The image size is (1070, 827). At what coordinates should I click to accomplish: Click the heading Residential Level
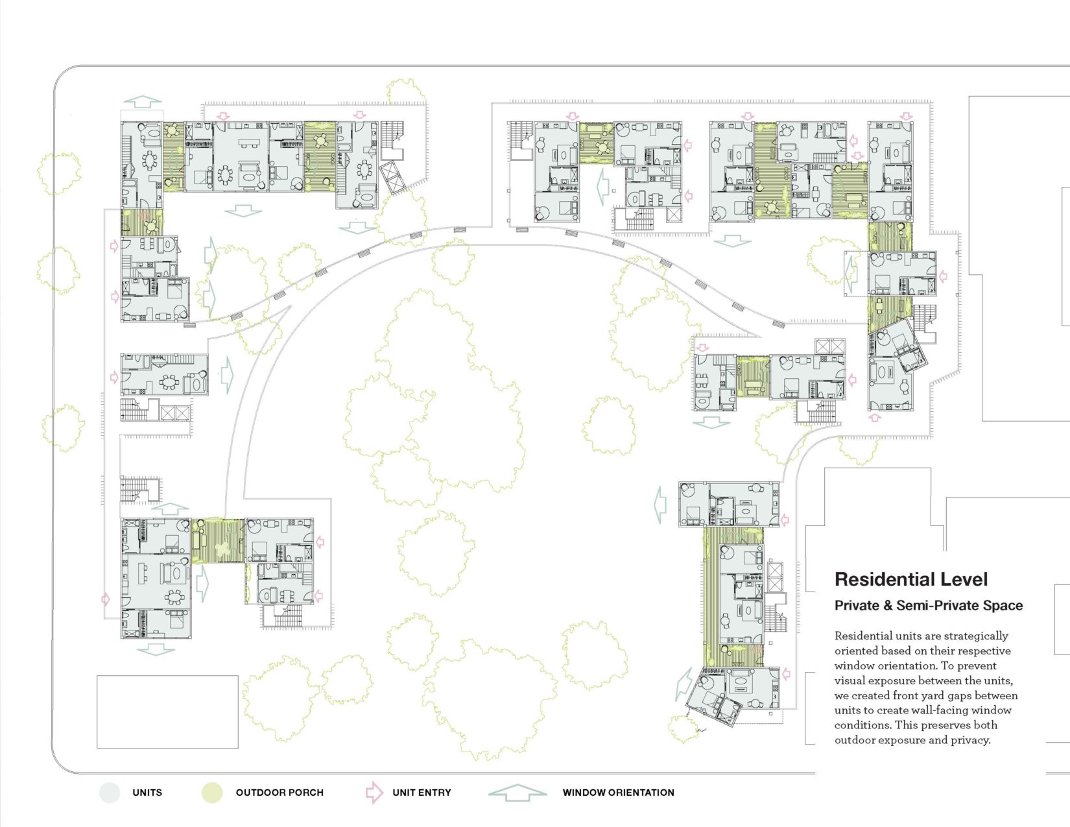pyautogui.click(x=910, y=579)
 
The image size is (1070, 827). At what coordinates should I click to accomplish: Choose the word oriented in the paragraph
pyautogui.click(x=854, y=651)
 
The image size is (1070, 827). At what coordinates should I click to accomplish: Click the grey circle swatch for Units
pyautogui.click(x=110, y=793)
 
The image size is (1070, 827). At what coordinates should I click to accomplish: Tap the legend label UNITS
pyautogui.click(x=147, y=793)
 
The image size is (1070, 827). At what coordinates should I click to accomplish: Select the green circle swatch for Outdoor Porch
pyautogui.click(x=212, y=793)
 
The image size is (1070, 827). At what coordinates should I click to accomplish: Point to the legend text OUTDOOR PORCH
pyautogui.click(x=279, y=793)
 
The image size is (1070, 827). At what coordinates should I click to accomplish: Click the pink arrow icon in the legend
pyautogui.click(x=374, y=792)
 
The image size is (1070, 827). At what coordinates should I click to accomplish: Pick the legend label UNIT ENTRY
pyautogui.click(x=422, y=793)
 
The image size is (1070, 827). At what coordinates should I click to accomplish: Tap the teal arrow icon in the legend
pyautogui.click(x=517, y=792)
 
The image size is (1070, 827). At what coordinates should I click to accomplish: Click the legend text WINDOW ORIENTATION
pyautogui.click(x=618, y=793)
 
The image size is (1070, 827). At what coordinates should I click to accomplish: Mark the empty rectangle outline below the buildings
pyautogui.click(x=167, y=712)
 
